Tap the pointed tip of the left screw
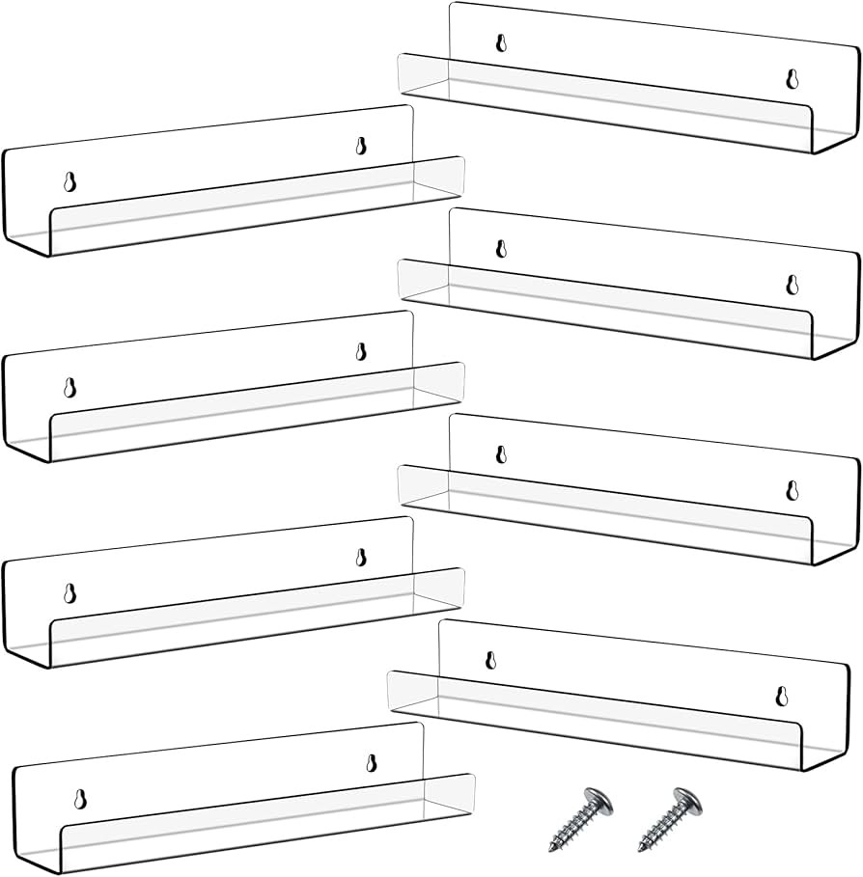[x=554, y=849]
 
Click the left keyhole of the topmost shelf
[x=501, y=43]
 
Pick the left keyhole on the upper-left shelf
[x=70, y=182]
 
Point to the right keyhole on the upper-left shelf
[x=361, y=147]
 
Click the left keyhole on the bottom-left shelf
[x=79, y=799]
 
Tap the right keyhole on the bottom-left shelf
[x=371, y=763]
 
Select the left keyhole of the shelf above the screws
[x=489, y=661]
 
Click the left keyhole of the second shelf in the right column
[x=501, y=249]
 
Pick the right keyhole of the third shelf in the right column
[x=792, y=490]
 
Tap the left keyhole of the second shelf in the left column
[x=70, y=388]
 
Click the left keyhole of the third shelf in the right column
[x=501, y=454]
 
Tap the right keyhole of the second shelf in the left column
[x=361, y=352]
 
